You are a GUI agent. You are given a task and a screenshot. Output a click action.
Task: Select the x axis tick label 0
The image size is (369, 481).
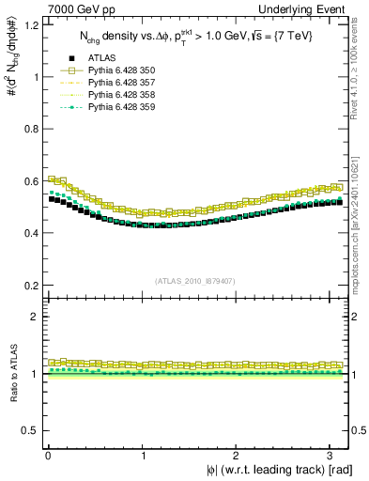tap(48, 455)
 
